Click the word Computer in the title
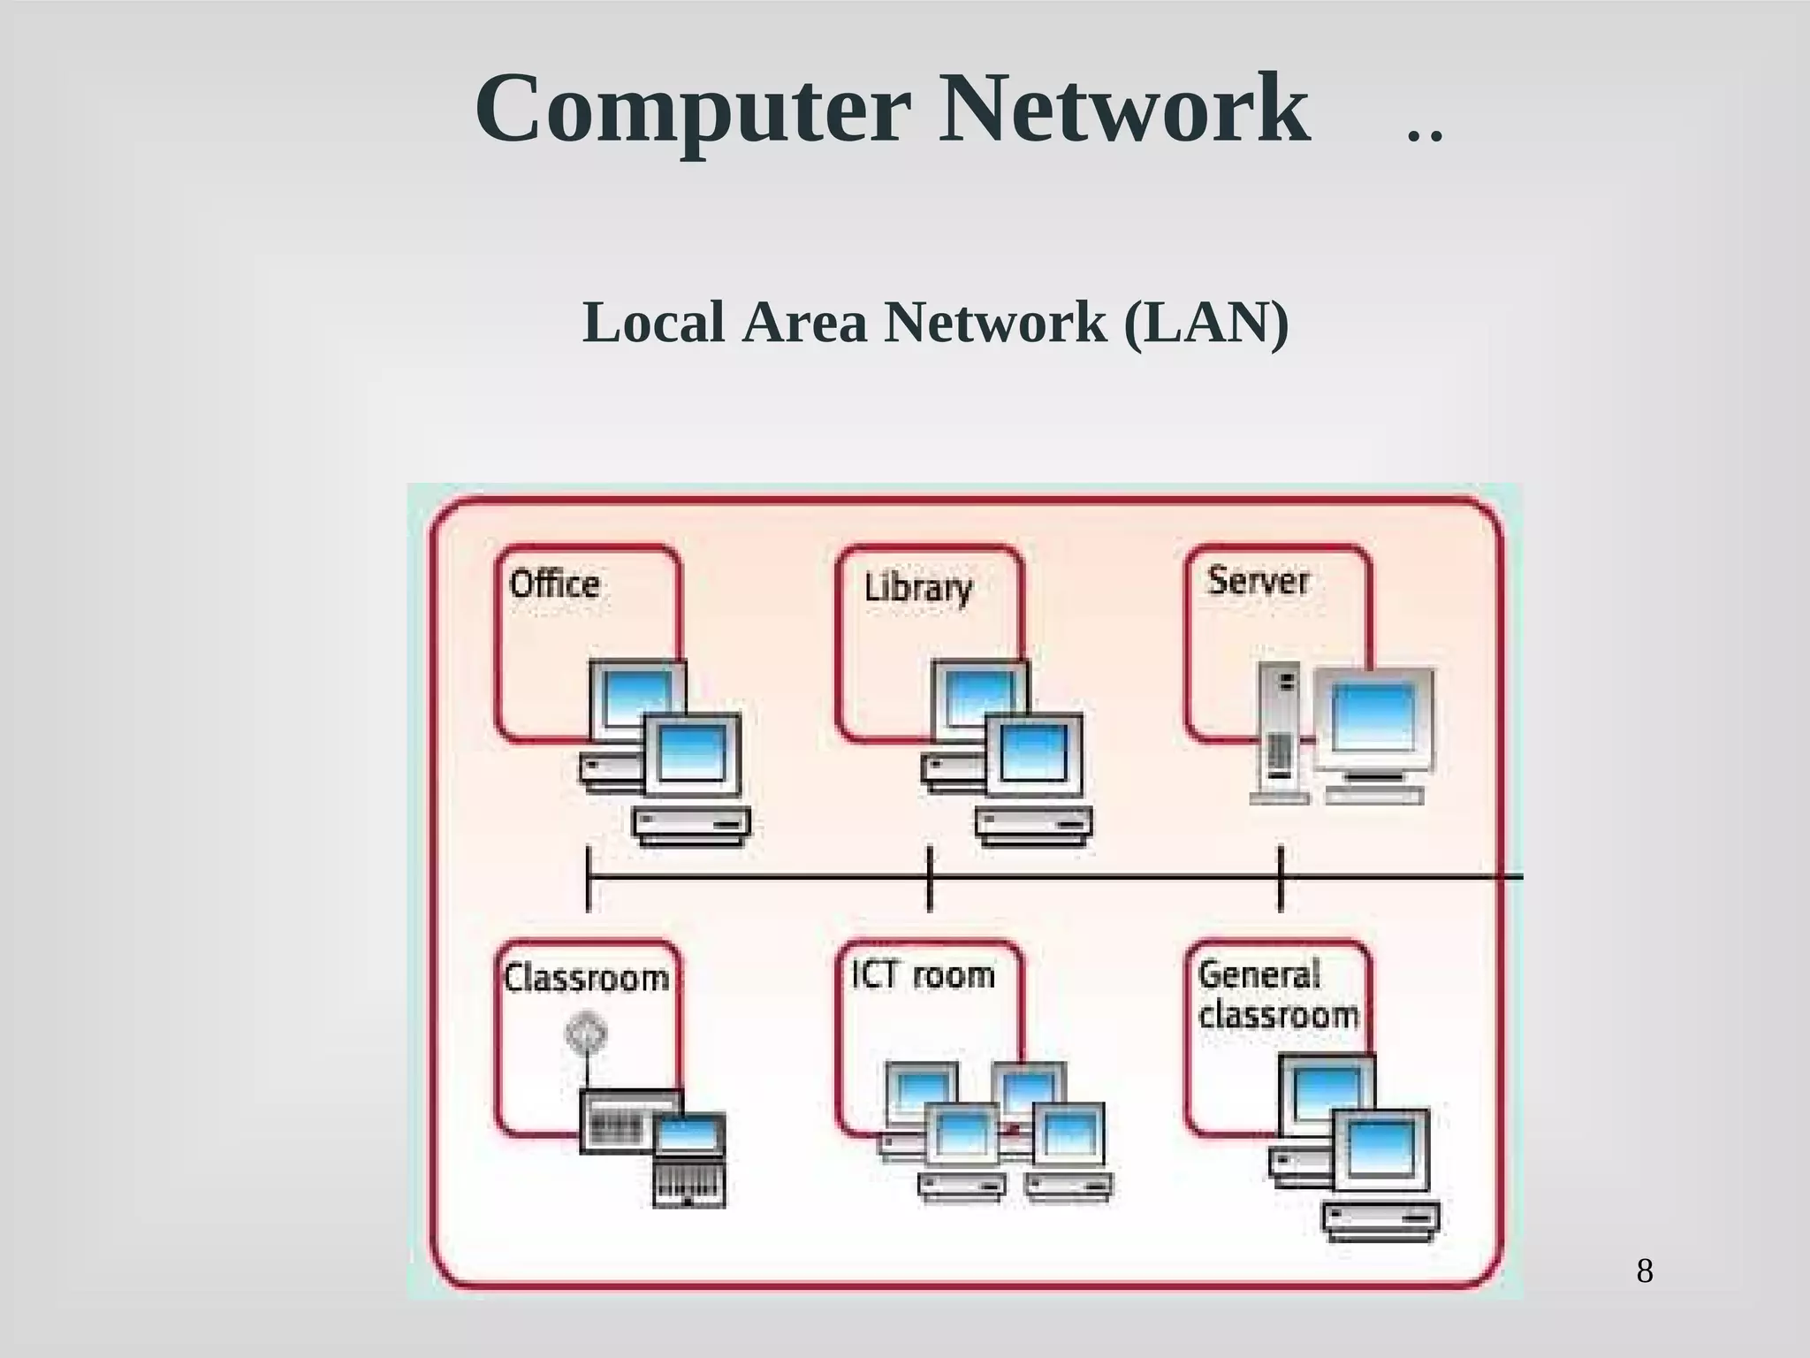[x=692, y=111]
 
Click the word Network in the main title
[x=1123, y=111]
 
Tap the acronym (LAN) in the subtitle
[x=1206, y=323]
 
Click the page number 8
[x=1645, y=1271]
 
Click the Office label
[x=555, y=584]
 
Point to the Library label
[x=917, y=588]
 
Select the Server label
[x=1258, y=581]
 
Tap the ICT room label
[x=923, y=975]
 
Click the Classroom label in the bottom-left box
[x=586, y=979]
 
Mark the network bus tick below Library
[x=929, y=878]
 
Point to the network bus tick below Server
[x=1281, y=878]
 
